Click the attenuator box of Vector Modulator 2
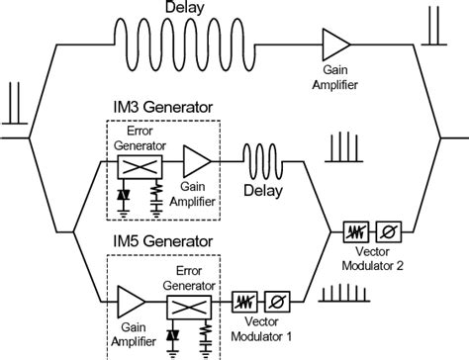click(x=354, y=233)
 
